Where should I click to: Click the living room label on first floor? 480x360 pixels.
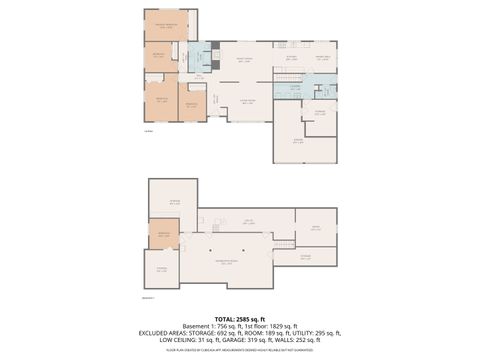[245, 101]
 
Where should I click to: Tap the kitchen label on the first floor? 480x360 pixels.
[291, 58]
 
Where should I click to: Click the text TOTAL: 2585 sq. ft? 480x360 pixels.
[240, 317]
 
